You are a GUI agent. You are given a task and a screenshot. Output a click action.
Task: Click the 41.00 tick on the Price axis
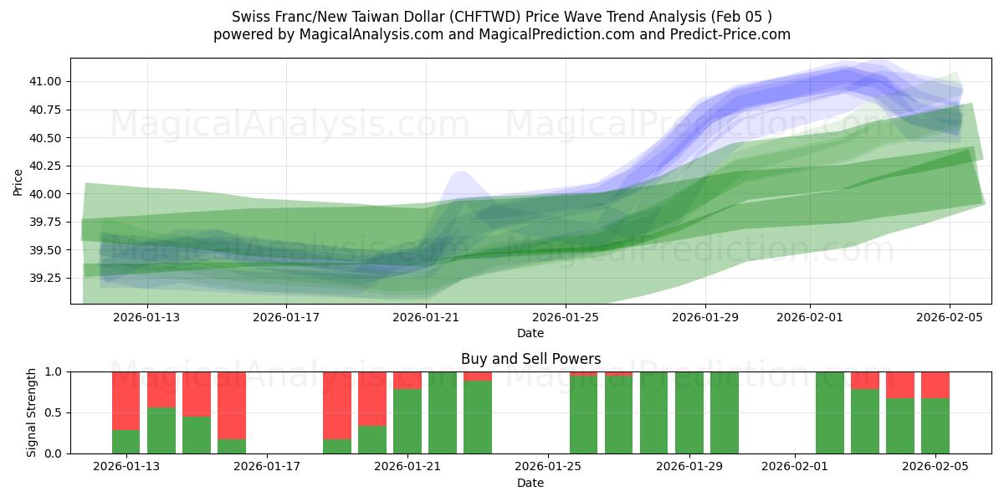(x=48, y=81)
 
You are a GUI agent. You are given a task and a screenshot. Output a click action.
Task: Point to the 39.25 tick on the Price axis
(x=48, y=278)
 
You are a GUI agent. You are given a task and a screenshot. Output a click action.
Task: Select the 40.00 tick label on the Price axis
(x=48, y=194)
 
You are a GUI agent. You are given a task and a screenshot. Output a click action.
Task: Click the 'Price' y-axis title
(x=18, y=181)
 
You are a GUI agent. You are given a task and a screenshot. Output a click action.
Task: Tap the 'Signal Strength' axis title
(x=32, y=412)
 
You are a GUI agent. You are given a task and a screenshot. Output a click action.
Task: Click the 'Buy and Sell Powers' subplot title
(x=530, y=359)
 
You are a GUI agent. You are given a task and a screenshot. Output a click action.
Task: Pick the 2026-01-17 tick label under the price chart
(x=287, y=317)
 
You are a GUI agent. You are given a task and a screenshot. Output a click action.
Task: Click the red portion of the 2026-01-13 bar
(x=125, y=400)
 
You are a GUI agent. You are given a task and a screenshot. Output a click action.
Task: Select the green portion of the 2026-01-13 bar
(x=125, y=442)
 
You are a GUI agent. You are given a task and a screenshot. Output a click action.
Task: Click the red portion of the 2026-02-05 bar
(x=935, y=385)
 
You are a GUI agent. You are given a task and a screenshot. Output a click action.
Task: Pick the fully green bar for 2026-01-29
(x=689, y=412)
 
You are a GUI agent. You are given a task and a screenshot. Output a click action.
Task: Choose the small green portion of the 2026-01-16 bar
(x=232, y=446)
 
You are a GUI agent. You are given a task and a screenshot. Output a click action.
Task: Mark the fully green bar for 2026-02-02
(x=830, y=412)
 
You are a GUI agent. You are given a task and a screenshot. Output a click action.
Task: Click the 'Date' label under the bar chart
(x=530, y=483)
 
